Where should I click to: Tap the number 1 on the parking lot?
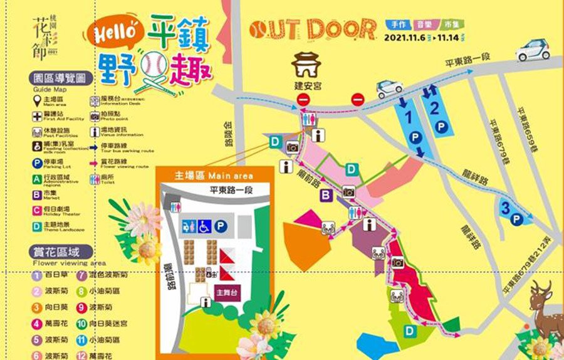click(x=408, y=117)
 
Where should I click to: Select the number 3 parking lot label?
click(x=503, y=206)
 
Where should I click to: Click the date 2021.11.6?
click(x=407, y=38)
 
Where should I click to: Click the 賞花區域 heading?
click(x=56, y=252)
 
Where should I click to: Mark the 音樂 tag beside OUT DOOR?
click(x=422, y=24)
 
